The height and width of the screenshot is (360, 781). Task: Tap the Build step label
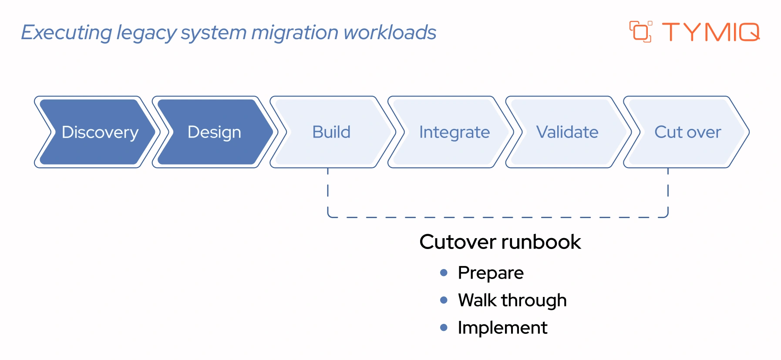click(x=331, y=132)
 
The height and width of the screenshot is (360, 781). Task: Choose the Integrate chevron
click(x=454, y=132)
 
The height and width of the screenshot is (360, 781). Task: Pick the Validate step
click(x=567, y=132)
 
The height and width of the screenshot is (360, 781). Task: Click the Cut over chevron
click(x=687, y=132)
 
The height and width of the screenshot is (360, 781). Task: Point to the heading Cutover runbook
click(x=500, y=242)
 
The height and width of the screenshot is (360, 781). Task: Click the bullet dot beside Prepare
click(x=444, y=273)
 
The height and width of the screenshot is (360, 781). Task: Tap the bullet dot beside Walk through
click(x=444, y=300)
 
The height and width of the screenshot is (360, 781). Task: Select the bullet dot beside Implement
click(x=444, y=327)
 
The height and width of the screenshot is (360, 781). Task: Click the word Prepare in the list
click(x=491, y=273)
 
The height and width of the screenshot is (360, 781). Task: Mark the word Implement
click(x=502, y=328)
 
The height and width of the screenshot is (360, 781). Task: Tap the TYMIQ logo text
click(x=710, y=32)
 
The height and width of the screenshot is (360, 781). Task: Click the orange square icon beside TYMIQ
click(x=640, y=32)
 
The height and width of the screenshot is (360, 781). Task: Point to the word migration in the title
click(x=295, y=33)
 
